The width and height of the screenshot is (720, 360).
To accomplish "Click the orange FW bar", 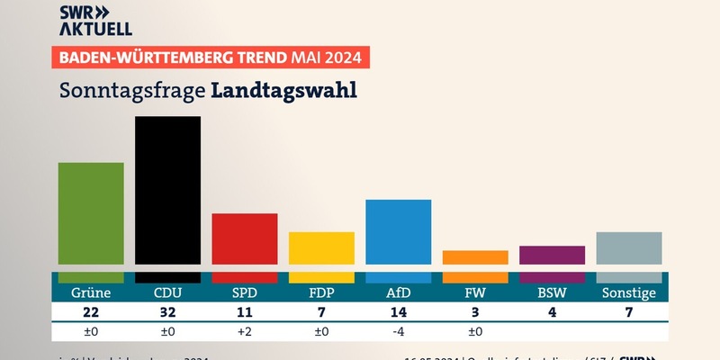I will click(x=475, y=257).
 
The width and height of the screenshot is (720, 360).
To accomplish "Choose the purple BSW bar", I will click(x=552, y=255).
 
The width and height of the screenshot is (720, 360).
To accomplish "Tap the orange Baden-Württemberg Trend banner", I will click(x=212, y=59).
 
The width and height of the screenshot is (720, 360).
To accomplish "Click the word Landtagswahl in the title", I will click(x=284, y=91).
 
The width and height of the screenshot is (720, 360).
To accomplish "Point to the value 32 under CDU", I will click(x=167, y=312).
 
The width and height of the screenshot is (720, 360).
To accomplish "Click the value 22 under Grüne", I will click(x=91, y=312).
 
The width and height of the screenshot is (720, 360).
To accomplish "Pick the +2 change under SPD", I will click(x=244, y=331).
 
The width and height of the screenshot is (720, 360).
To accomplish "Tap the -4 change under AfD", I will click(x=398, y=331).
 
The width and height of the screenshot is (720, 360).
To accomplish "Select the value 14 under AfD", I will click(x=398, y=312).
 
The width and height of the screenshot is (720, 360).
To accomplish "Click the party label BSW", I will click(x=552, y=292).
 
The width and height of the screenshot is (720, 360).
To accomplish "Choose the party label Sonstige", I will click(x=629, y=292).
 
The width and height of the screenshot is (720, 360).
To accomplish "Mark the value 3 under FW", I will click(x=475, y=312).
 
